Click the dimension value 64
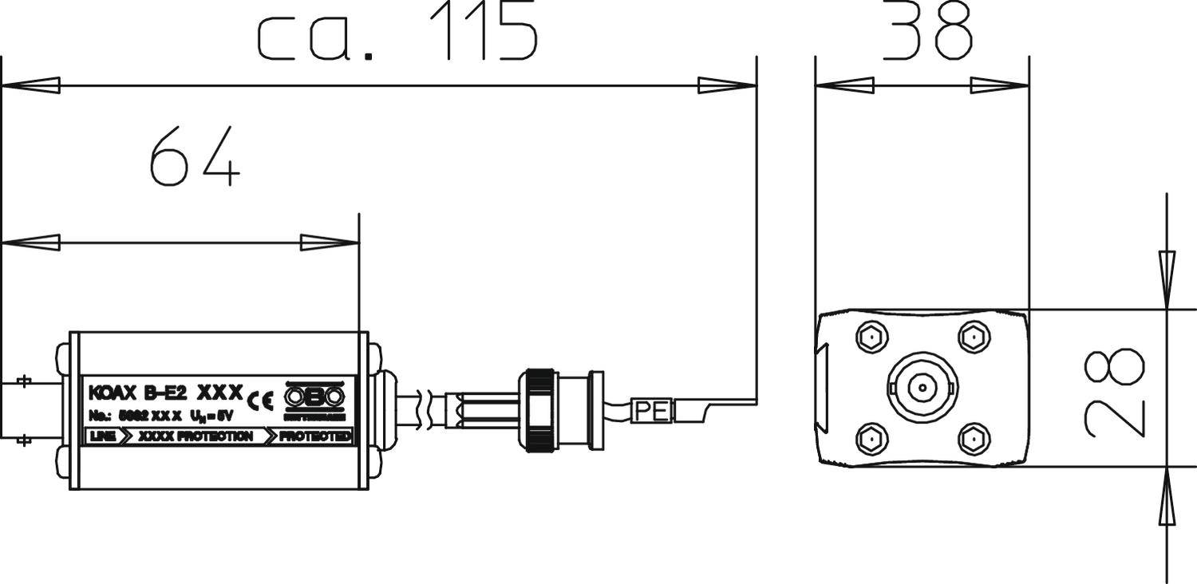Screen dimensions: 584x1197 (x=194, y=156)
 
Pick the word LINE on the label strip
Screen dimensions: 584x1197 (x=103, y=436)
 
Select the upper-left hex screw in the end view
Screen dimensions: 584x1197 (x=871, y=337)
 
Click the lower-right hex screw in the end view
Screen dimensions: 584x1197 (x=974, y=439)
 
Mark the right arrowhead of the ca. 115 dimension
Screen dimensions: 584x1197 (x=727, y=85)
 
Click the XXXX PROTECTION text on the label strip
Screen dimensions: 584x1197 (x=196, y=436)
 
